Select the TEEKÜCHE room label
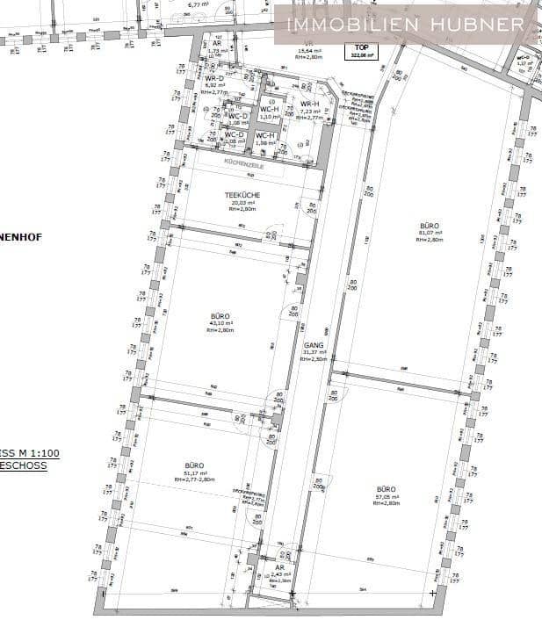(242, 195)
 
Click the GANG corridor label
(314, 346)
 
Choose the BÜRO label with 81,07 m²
(430, 226)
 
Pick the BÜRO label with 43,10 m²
(220, 315)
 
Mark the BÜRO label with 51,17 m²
(194, 465)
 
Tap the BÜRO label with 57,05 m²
(386, 488)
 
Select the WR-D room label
(215, 78)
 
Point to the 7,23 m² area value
(310, 112)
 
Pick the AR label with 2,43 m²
(279, 568)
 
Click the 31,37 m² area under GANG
(314, 353)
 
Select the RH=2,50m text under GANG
(314, 359)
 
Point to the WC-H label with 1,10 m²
(268, 110)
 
